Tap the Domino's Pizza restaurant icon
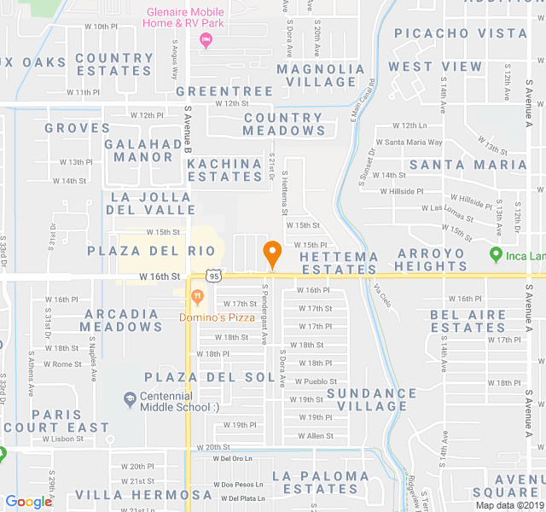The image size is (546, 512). [197, 297]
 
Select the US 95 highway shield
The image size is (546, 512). [214, 276]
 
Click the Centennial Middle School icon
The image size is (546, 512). [130, 399]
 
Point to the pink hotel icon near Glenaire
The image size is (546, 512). [205, 40]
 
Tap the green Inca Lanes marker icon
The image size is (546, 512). [496, 254]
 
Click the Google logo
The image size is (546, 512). [29, 502]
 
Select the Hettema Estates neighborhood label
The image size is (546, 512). [338, 262]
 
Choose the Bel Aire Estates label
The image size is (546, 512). [468, 321]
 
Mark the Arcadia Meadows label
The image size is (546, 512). [122, 320]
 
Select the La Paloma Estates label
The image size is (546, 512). [321, 482]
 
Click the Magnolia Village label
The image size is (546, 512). [322, 75]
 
